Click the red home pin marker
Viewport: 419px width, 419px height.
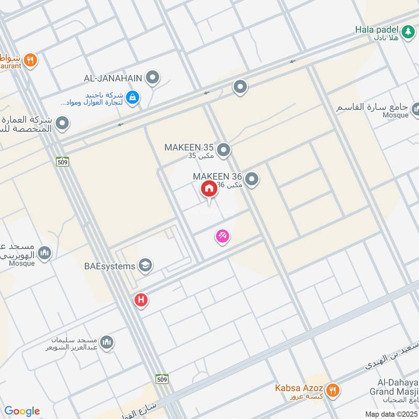(x=209, y=189)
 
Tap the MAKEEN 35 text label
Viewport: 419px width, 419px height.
(x=189, y=147)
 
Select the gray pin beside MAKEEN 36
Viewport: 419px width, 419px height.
(x=252, y=180)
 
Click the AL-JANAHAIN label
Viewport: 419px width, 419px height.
(x=113, y=78)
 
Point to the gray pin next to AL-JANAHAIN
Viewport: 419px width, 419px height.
(x=152, y=78)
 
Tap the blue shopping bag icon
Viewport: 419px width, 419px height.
(x=133, y=97)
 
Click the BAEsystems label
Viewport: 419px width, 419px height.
(x=109, y=266)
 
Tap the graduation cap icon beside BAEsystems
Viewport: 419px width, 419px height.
(x=145, y=266)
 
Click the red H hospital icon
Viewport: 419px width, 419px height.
(x=140, y=300)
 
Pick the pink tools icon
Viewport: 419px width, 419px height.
(x=223, y=237)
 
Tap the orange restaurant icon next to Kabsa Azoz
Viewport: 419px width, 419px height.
(x=332, y=390)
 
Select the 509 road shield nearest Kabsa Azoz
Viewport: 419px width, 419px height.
(x=161, y=378)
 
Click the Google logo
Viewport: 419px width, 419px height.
(x=22, y=411)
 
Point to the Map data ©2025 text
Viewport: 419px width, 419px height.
(x=391, y=414)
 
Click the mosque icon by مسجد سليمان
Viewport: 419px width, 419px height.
(x=107, y=343)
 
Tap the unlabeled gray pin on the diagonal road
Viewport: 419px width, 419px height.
(x=240, y=86)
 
